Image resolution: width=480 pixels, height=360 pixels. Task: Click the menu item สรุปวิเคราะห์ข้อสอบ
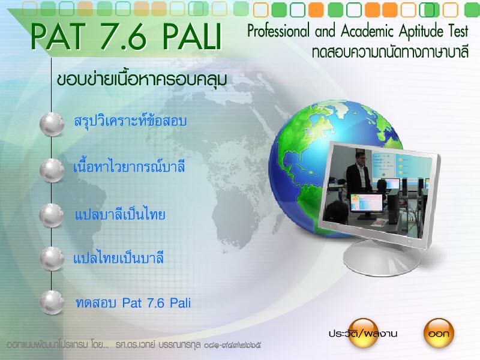(x=130, y=121)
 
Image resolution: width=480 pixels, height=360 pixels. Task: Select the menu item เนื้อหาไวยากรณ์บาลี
(x=129, y=167)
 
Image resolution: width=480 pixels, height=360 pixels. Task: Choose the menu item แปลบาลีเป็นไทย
(x=120, y=214)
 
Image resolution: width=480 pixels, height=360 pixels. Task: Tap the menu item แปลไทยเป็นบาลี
(x=118, y=258)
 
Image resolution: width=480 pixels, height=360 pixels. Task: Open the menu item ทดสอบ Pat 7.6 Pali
(x=133, y=303)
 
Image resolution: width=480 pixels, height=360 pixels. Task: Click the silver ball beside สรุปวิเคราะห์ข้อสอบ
(x=52, y=124)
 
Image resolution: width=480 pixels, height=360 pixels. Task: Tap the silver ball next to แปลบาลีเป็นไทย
(x=52, y=215)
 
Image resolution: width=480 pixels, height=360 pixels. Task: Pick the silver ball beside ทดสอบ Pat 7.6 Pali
(x=52, y=302)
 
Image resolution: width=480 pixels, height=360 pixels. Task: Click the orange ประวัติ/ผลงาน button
(x=363, y=333)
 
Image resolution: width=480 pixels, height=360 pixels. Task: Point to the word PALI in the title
(x=191, y=37)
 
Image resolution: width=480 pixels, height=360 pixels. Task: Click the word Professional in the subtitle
(x=278, y=31)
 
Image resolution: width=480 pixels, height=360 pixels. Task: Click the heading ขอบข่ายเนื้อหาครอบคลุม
(x=142, y=80)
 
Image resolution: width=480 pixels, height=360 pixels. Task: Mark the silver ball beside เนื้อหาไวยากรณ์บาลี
(x=52, y=170)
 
